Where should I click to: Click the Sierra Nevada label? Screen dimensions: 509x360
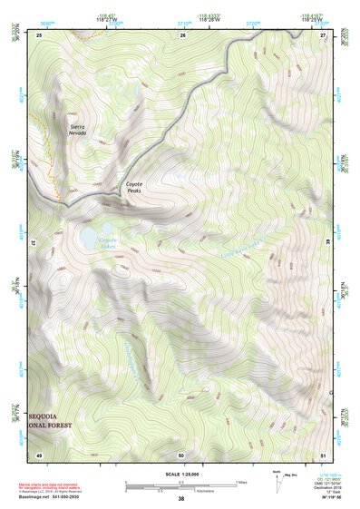(78, 129)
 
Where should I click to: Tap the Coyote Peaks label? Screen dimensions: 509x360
(133, 186)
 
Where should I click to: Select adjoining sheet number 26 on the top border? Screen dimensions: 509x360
(182, 34)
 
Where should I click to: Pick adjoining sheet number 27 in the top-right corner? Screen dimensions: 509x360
(323, 34)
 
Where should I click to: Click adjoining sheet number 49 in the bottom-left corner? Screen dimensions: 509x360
(39, 454)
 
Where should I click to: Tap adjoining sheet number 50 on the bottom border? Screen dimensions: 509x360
(181, 454)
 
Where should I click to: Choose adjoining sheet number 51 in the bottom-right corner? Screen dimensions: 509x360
(324, 454)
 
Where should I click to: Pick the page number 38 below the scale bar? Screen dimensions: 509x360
(180, 498)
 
